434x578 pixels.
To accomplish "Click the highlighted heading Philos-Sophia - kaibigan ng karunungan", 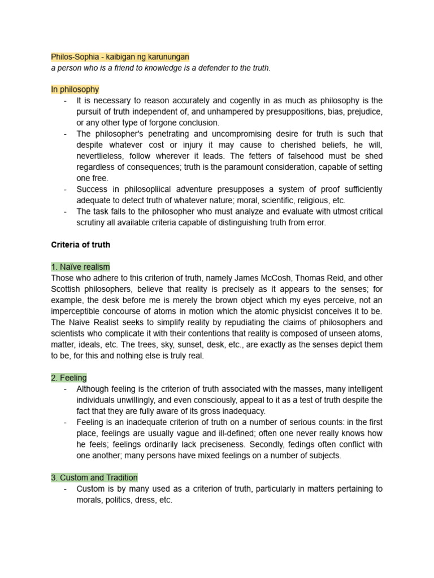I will click(x=120, y=57).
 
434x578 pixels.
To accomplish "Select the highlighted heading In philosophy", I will click(x=75, y=89).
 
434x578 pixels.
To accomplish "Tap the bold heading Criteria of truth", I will click(x=80, y=244).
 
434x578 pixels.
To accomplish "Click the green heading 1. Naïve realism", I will click(x=80, y=266).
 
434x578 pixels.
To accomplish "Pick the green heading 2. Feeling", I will click(x=69, y=378).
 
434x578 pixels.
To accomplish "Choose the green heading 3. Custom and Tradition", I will click(x=94, y=478).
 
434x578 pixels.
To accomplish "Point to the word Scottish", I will click(x=67, y=289).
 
